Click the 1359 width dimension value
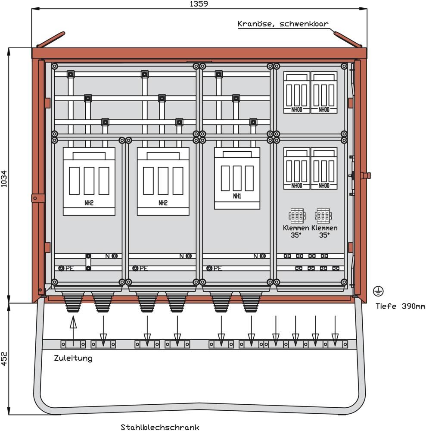(x=199, y=4)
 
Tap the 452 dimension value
(x=4, y=358)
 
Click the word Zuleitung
(x=73, y=358)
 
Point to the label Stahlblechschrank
(x=160, y=427)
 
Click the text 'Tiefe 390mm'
(x=400, y=306)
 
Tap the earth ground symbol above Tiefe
(x=378, y=292)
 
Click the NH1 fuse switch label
(x=237, y=196)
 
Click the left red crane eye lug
(x=51, y=39)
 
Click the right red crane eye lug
(x=348, y=39)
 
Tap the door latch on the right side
(x=366, y=175)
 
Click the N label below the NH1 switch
(x=255, y=256)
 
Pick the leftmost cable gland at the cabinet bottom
(x=73, y=301)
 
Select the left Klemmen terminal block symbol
(x=297, y=215)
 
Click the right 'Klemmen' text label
(x=324, y=228)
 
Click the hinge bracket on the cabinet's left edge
(x=38, y=198)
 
